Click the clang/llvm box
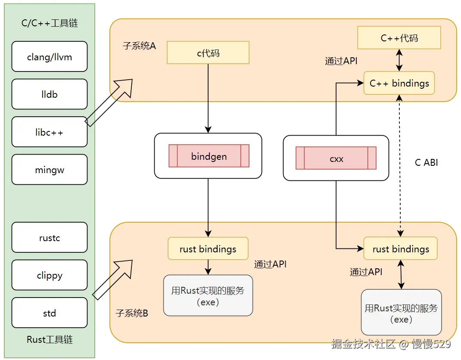pyautogui.click(x=50, y=57)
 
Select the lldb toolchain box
pyautogui.click(x=50, y=94)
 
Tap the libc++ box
pyautogui.click(x=50, y=132)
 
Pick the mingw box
pyautogui.click(x=50, y=170)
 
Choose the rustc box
pyautogui.click(x=50, y=238)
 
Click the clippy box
pyautogui.click(x=50, y=275)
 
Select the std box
pyautogui.click(x=50, y=313)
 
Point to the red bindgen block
pyautogui.click(x=209, y=156)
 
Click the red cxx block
pyautogui.click(x=336, y=158)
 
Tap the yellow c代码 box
pyautogui.click(x=208, y=53)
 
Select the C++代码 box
pyautogui.click(x=399, y=38)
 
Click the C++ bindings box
pyautogui.click(x=399, y=83)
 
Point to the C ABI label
pyautogui.click(x=426, y=163)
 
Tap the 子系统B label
pyautogui.click(x=132, y=313)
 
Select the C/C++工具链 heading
pyautogui.click(x=50, y=23)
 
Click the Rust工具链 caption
pyautogui.click(x=50, y=340)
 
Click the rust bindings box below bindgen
pyautogui.click(x=208, y=249)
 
